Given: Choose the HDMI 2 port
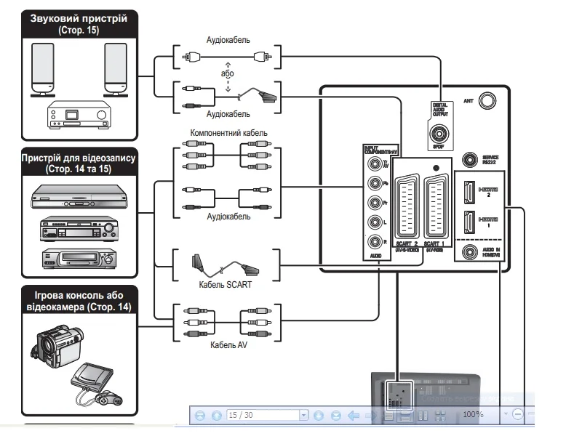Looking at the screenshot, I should tap(469, 193).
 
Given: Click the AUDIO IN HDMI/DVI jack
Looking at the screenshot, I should tap(468, 253).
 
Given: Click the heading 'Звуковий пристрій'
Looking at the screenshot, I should tap(78, 17).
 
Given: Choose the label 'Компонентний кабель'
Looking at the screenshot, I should tap(228, 134).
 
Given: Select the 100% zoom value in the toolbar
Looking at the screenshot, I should tap(474, 413).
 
